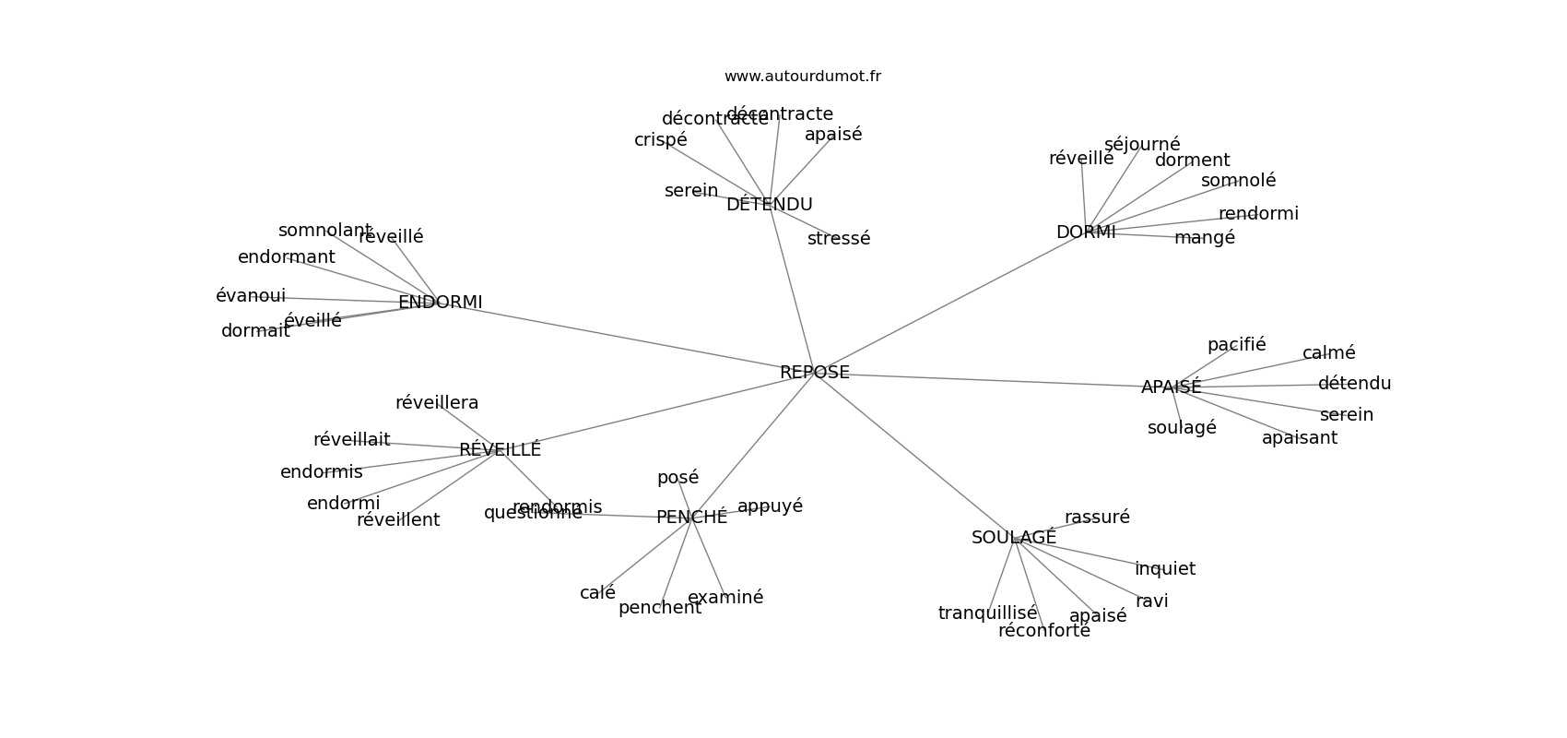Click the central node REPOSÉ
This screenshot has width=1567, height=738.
click(x=814, y=373)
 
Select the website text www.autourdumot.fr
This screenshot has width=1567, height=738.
click(x=802, y=77)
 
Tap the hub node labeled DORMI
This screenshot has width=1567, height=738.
click(x=1085, y=232)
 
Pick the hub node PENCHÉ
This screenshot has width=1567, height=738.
click(x=691, y=518)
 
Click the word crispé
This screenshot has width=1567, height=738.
click(x=660, y=140)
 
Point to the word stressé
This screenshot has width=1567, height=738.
click(x=838, y=239)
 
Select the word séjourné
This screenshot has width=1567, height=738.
click(x=1141, y=145)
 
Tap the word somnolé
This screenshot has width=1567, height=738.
click(x=1238, y=181)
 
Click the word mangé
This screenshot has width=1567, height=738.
click(x=1204, y=238)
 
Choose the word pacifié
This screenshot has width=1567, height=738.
click(x=1236, y=345)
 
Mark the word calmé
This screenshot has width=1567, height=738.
click(x=1328, y=353)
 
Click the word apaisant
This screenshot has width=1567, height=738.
click(x=1299, y=438)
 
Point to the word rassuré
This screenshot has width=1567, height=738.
click(x=1097, y=518)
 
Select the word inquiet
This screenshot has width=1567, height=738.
click(x=1164, y=569)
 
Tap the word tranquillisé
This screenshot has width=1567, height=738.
click(x=987, y=613)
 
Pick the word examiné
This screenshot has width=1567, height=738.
click(x=725, y=598)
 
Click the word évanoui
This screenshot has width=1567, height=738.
click(x=251, y=296)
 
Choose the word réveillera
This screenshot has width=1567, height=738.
click(x=437, y=403)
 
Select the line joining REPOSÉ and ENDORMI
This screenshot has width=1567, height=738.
click(x=627, y=338)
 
